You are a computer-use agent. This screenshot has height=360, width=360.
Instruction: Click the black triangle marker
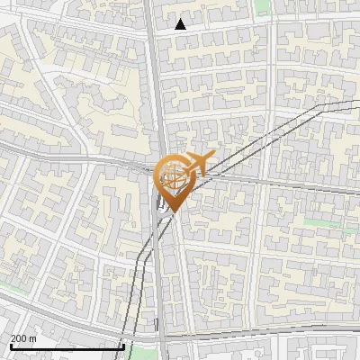coord(181,24)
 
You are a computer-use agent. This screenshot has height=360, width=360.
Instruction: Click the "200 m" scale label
coord(22,337)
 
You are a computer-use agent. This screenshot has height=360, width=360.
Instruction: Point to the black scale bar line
coord(67,346)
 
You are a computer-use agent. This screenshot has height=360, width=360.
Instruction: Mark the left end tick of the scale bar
coord(10,345)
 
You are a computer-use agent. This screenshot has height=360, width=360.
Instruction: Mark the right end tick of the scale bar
coord(123,345)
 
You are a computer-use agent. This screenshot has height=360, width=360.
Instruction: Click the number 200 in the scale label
coord(19,337)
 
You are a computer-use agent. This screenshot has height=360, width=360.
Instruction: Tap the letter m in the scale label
coord(31,337)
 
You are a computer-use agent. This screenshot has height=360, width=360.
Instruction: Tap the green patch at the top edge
coord(262,5)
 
